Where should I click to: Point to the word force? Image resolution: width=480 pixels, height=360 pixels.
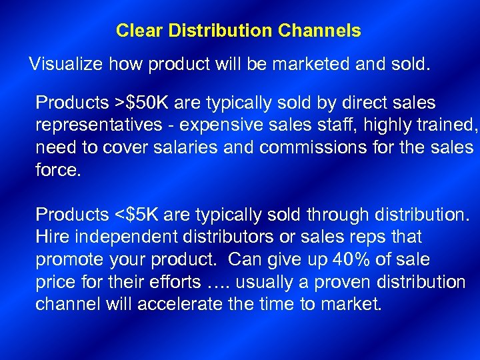click(58, 170)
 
